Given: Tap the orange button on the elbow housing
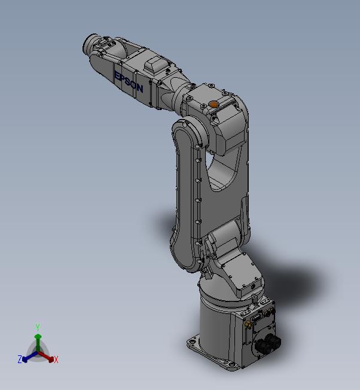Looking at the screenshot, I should (213, 104).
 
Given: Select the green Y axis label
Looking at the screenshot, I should (37, 327).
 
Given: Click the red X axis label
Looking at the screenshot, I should (56, 359).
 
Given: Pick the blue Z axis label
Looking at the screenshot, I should (19, 359).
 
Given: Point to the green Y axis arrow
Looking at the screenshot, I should (37, 340).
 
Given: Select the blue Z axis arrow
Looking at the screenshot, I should (27, 358).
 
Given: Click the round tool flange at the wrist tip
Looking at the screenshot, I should (91, 45).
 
